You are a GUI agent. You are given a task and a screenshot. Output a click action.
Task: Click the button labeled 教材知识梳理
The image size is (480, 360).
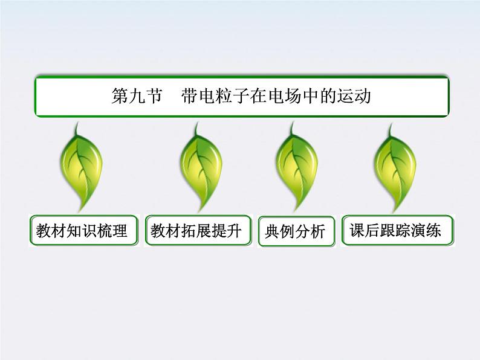pos(82,231)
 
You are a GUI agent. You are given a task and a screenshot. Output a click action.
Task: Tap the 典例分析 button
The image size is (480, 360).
pos(295,231)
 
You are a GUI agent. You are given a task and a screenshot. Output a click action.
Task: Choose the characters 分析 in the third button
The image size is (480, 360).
pos(311,231)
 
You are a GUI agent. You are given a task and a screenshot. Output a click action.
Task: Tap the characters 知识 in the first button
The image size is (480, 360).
pos(82,231)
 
